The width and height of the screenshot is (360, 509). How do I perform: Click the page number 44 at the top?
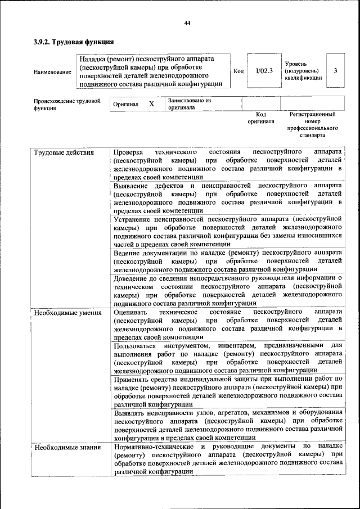[187, 22]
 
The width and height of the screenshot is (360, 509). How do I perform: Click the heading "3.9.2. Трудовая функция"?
[74, 42]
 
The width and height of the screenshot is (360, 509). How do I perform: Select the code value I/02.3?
[264, 71]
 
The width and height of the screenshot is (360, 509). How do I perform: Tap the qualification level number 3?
[335, 71]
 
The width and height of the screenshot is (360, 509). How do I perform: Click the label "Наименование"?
[52, 72]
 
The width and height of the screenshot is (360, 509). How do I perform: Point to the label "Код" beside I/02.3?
[238, 71]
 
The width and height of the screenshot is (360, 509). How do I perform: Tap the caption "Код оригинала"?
[260, 118]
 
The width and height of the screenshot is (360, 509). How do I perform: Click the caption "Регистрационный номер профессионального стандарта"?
[312, 125]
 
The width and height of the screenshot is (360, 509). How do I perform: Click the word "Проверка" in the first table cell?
[128, 152]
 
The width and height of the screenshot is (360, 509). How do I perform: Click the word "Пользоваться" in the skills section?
[135, 345]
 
